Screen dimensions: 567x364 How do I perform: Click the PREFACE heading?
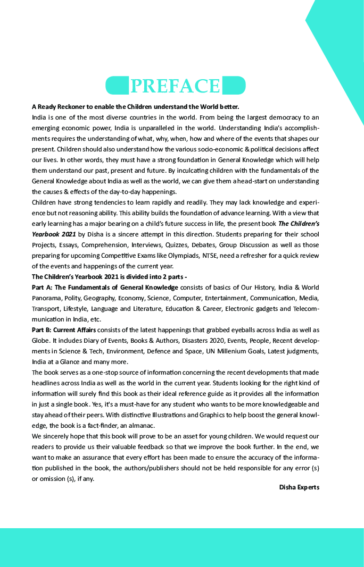coord(175,86)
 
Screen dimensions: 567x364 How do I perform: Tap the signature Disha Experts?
coord(299,487)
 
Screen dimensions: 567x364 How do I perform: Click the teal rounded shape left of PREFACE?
coord(117,86)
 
